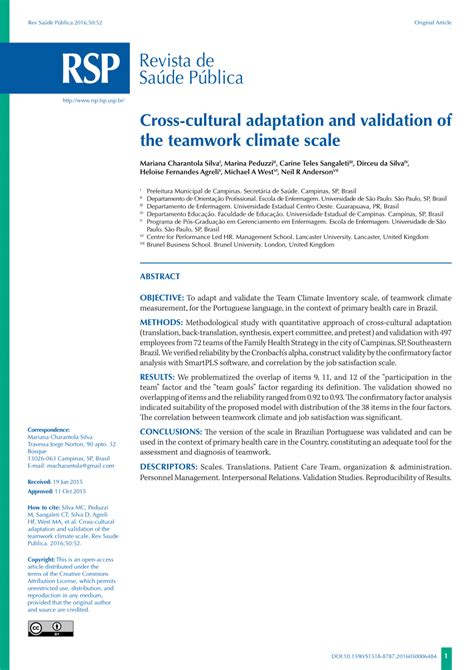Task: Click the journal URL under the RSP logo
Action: click(93, 101)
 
